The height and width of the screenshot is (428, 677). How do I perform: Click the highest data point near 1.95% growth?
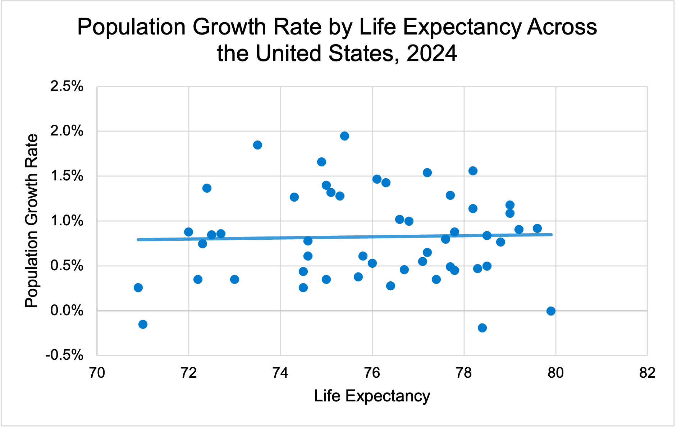[344, 136]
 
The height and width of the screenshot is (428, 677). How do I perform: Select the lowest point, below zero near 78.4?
[482, 328]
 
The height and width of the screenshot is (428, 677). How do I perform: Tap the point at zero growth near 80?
[551, 311]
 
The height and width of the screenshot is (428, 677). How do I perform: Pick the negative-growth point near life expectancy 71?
[143, 324]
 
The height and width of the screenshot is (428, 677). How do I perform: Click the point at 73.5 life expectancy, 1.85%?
[257, 145]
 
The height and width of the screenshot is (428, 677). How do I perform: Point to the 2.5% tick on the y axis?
[67, 87]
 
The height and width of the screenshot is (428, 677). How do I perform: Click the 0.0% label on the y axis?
[67, 310]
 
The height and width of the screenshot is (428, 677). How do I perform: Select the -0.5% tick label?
[65, 355]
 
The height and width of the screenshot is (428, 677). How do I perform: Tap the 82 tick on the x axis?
[647, 373]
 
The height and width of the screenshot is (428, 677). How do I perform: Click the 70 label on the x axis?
[97, 373]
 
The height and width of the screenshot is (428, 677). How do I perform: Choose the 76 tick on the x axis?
[372, 373]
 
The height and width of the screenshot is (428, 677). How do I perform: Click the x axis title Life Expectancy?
[372, 396]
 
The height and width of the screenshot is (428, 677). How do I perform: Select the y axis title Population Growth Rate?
[32, 221]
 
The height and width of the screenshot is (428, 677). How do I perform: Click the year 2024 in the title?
[432, 53]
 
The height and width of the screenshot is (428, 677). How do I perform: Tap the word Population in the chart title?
[132, 27]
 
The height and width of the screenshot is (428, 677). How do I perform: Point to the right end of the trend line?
[551, 235]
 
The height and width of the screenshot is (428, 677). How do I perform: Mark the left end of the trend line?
[138, 239]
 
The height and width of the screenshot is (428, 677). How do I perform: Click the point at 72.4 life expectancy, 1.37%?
[207, 188]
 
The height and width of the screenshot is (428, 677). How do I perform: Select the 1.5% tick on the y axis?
[67, 176]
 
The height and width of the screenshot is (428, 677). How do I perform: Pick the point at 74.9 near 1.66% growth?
[321, 162]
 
